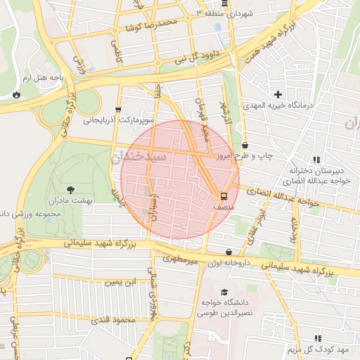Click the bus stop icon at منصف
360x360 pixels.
(x=224, y=196)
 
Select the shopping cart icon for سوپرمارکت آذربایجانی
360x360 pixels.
(x=117, y=110)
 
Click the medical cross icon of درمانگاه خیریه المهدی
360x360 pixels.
(x=278, y=94)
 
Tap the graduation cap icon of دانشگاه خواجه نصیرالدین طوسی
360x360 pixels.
(x=224, y=292)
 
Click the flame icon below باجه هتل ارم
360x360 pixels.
(x=15, y=94)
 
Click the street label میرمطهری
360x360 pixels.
(x=180, y=259)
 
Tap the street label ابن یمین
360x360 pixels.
(x=119, y=283)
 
